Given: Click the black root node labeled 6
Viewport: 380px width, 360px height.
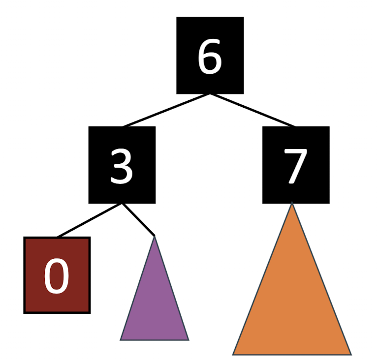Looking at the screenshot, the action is click(x=210, y=55).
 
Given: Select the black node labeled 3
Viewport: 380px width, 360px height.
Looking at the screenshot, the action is click(x=122, y=165).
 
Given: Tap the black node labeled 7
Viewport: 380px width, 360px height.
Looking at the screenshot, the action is click(x=295, y=165).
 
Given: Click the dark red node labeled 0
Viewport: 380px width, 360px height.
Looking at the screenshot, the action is click(x=57, y=275).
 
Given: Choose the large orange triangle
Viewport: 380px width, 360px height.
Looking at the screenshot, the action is click(x=292, y=305).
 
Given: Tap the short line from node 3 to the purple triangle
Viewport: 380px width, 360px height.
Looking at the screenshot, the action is click(x=138, y=219).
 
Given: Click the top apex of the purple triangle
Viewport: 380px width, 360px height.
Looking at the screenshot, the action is click(x=155, y=238).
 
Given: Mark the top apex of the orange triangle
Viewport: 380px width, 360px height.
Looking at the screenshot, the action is click(x=292, y=204).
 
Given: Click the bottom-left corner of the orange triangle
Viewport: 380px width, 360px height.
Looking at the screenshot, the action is click(x=234, y=354).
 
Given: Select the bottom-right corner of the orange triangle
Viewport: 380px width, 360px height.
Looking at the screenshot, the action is click(x=350, y=354).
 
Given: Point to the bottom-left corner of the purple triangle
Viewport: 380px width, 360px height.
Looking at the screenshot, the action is click(x=121, y=339).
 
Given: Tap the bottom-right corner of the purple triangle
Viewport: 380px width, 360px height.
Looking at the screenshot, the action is click(x=188, y=339).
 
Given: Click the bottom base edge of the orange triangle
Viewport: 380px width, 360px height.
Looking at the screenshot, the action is click(x=292, y=354).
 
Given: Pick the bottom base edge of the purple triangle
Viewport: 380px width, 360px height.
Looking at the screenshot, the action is click(x=155, y=339).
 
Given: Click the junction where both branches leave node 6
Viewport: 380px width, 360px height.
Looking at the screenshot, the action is click(x=210, y=94).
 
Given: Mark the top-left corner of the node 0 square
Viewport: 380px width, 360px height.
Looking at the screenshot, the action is click(x=25, y=238).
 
